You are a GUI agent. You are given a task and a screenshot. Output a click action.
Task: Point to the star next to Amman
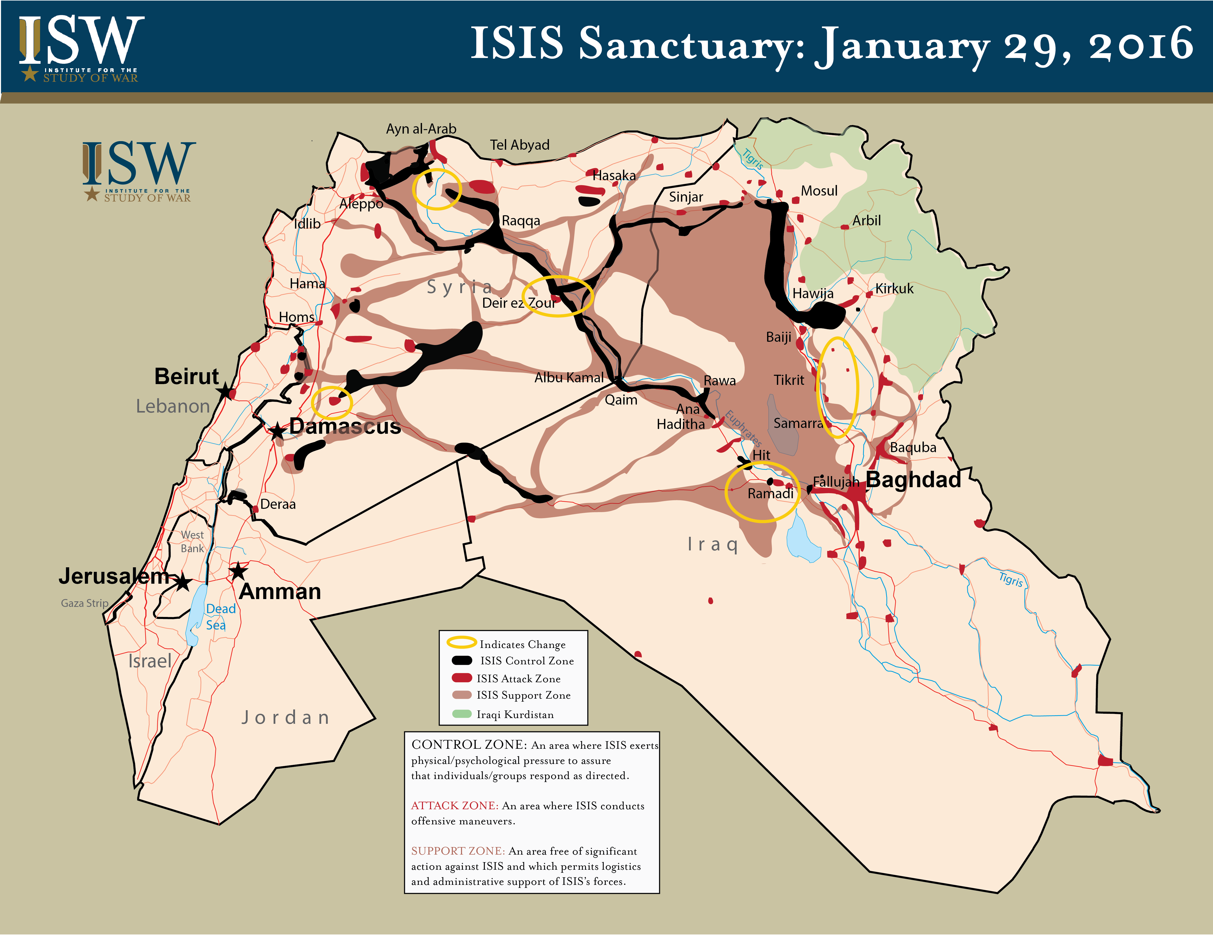[x=238, y=571]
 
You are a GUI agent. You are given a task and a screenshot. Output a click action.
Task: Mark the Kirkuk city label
[x=894, y=289]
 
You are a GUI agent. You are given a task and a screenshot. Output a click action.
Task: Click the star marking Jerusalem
[x=183, y=583]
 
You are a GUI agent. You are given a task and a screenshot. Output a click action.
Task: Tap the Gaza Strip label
[x=84, y=603]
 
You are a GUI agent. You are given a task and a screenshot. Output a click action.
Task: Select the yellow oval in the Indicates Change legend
[x=462, y=643]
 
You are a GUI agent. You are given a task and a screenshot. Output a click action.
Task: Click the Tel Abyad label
[x=519, y=145]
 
